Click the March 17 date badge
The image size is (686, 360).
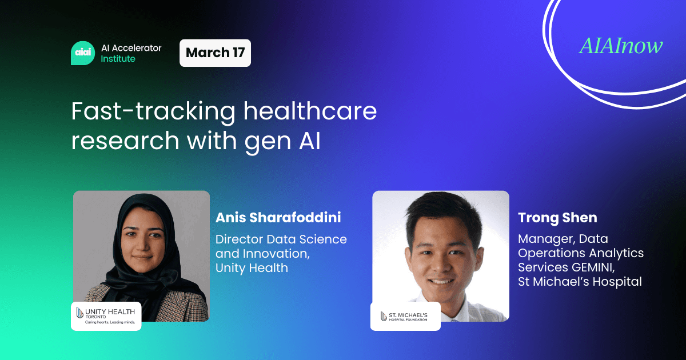coord(215,53)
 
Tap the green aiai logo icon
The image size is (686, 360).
coord(82,53)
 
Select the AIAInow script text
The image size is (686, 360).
coord(621,46)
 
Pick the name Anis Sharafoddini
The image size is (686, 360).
coord(278,218)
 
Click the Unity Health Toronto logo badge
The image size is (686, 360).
coord(106,315)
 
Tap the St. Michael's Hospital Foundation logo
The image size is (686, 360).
coord(405,316)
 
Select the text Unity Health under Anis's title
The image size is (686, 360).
coord(252,267)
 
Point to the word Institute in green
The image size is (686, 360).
coord(118,59)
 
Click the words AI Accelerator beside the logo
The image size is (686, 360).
coord(131,48)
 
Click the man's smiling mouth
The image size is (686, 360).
coord(441,282)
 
